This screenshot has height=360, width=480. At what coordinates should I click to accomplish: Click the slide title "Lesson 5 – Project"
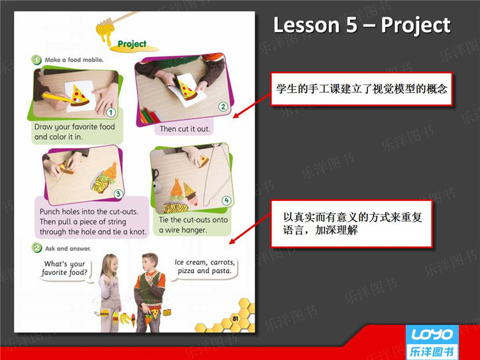(362, 25)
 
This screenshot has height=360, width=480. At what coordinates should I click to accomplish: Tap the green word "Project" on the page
(132, 44)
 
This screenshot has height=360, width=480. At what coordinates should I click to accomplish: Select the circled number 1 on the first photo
(111, 113)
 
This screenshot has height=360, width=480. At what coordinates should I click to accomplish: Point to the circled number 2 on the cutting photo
(223, 106)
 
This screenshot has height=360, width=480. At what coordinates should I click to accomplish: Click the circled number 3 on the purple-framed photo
(118, 194)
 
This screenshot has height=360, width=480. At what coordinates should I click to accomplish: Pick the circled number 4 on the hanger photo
(227, 200)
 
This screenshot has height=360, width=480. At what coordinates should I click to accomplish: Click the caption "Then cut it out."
(184, 129)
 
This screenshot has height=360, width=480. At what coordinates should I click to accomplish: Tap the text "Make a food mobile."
(74, 60)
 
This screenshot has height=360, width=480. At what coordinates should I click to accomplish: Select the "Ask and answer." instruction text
(68, 249)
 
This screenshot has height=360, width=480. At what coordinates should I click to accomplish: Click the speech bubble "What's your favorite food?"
(65, 268)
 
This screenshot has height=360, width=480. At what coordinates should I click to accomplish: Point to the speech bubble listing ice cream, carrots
(205, 267)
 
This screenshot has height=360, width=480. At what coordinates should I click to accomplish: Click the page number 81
(235, 318)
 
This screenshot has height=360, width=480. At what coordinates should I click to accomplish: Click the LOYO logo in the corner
(432, 343)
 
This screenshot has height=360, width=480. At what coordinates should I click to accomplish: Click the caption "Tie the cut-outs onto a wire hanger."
(193, 225)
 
